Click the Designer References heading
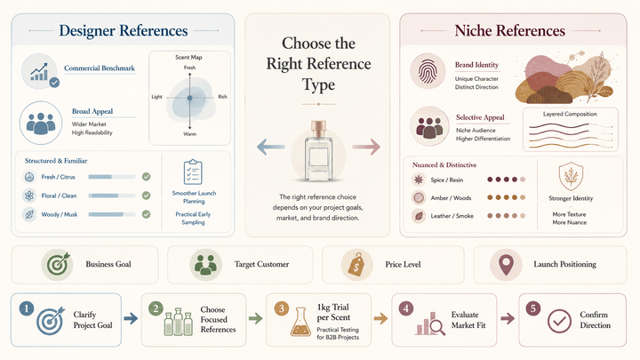(124, 30)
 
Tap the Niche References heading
(510, 30)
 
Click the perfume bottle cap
(318, 129)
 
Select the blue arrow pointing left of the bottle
(270, 147)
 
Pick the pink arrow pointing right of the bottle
(366, 147)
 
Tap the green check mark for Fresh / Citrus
(146, 177)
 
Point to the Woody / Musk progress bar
(112, 214)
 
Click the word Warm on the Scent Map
(190, 134)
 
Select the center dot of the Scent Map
(190, 98)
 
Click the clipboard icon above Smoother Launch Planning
(193, 172)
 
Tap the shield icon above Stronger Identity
(571, 176)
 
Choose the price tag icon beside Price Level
(356, 265)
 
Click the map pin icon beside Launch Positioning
(506, 265)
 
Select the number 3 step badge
(282, 308)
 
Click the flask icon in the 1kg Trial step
(300, 322)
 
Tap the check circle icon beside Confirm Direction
(560, 321)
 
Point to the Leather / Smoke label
(452, 216)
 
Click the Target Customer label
(261, 265)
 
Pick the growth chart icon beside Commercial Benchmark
(40, 71)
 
